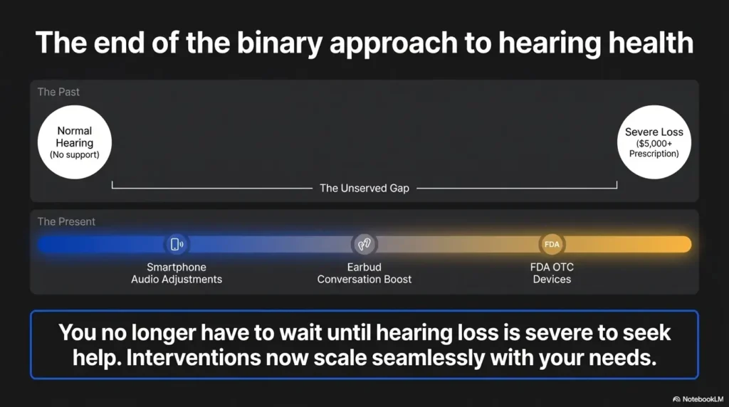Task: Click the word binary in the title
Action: pos(280,43)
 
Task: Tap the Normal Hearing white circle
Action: pos(74,142)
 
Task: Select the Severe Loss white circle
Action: pos(654,142)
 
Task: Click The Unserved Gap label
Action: pos(364,188)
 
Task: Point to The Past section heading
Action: pos(58,92)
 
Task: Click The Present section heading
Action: pos(66,221)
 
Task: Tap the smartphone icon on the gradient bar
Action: pos(177,244)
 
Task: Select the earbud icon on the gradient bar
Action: pos(364,244)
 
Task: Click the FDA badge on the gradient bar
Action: pos(552,244)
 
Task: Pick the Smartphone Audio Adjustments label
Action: pos(177,273)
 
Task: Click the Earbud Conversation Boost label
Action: pos(364,273)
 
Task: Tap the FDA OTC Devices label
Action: pos(552,273)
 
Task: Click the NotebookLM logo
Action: pos(698,399)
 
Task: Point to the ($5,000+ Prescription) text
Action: pos(654,149)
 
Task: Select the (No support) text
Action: pos(74,154)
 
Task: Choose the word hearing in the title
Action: pos(549,43)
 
